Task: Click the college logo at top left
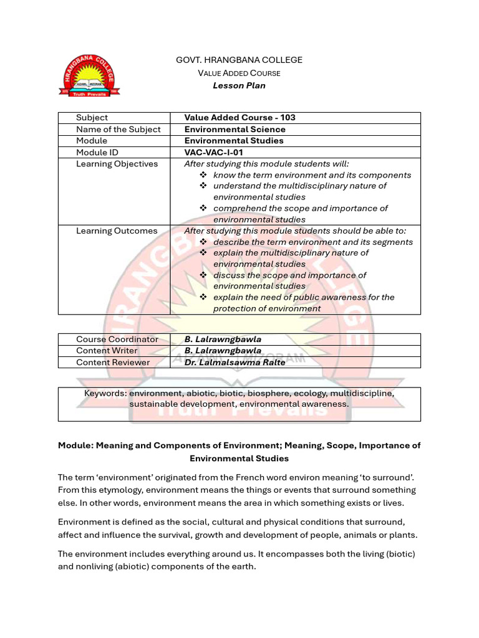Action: [x=89, y=75]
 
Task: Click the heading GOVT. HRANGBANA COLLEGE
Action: [x=239, y=60]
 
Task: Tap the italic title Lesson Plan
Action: [x=239, y=85]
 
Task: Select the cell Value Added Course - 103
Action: [x=239, y=118]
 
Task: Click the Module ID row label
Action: [x=97, y=152]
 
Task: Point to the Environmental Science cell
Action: [x=235, y=130]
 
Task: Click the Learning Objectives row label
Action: [x=117, y=164]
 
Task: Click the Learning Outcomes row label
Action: [x=116, y=231]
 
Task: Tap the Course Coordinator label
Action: [x=117, y=339]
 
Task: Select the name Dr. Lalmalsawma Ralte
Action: [x=235, y=362]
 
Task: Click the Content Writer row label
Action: [x=107, y=351]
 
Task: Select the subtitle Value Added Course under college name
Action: [x=239, y=73]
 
